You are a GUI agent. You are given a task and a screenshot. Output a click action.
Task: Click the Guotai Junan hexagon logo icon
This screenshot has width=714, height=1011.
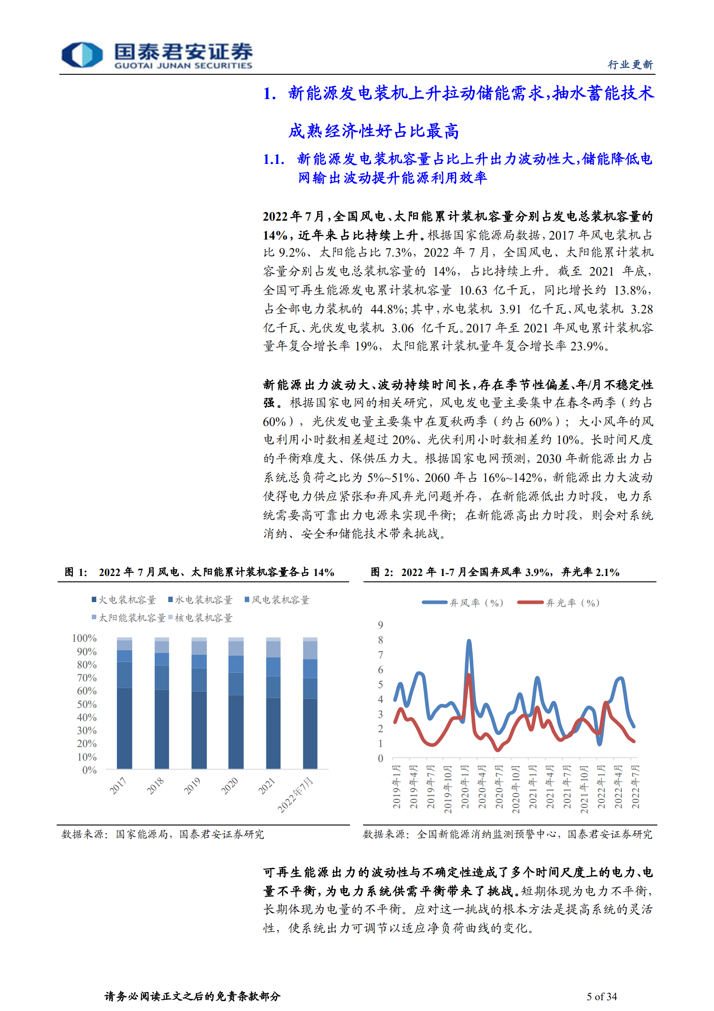pos(82,55)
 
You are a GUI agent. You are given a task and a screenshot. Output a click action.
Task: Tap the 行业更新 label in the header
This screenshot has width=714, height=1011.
pos(630,65)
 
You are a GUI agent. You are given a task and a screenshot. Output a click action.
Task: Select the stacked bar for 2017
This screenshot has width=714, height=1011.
pos(124,703)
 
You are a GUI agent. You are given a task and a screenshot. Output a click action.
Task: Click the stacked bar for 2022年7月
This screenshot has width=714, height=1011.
pos(310,703)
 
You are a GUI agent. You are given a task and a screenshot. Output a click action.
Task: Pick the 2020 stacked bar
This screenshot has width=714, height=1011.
pos(236,703)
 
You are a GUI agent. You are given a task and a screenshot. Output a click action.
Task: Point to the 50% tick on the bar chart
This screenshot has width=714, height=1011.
pos(87,704)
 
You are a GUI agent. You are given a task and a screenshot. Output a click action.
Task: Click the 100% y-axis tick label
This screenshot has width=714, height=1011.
pos(84,638)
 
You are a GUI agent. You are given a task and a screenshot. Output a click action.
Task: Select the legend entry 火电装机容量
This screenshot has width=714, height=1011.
pos(124,600)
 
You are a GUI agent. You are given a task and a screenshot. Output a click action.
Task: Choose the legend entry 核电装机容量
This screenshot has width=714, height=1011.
pos(201,618)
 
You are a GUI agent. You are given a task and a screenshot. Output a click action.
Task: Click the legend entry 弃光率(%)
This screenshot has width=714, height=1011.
pos(559,603)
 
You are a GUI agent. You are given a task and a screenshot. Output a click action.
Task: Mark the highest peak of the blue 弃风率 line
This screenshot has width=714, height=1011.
pos(469,641)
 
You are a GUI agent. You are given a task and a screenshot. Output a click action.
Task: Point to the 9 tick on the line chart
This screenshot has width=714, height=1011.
pos(381,625)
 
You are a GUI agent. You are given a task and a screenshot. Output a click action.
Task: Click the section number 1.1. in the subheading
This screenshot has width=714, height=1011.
pos(274,159)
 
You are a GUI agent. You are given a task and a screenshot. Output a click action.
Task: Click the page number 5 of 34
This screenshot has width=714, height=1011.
pos(602,996)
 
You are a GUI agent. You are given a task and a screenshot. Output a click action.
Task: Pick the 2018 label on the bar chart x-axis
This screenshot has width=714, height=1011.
pos(155,785)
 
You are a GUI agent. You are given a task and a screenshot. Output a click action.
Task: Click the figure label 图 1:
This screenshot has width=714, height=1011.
pos(76,572)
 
